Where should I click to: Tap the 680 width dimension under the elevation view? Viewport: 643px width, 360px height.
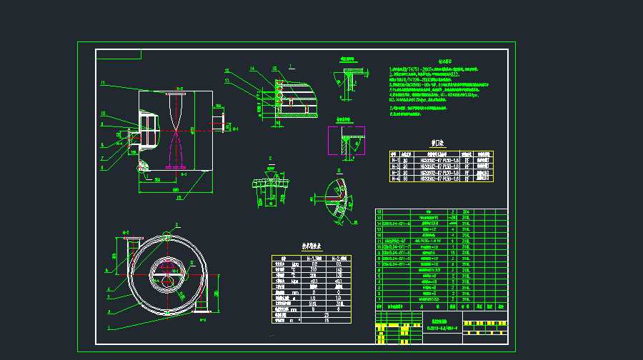point(175,189)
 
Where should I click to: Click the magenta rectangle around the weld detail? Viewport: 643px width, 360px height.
point(346,141)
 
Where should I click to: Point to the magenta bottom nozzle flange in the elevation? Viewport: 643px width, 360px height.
point(176,168)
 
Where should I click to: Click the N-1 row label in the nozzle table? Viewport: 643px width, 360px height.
point(394,161)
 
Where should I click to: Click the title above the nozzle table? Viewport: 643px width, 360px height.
point(437,142)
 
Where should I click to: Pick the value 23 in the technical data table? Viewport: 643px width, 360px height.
point(327,314)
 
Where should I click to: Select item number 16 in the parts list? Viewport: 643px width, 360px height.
point(379,211)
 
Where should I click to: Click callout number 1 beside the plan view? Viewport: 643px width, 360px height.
point(109,328)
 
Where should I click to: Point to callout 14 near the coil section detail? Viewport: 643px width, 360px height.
point(252,68)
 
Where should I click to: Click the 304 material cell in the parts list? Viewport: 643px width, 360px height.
point(467,212)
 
